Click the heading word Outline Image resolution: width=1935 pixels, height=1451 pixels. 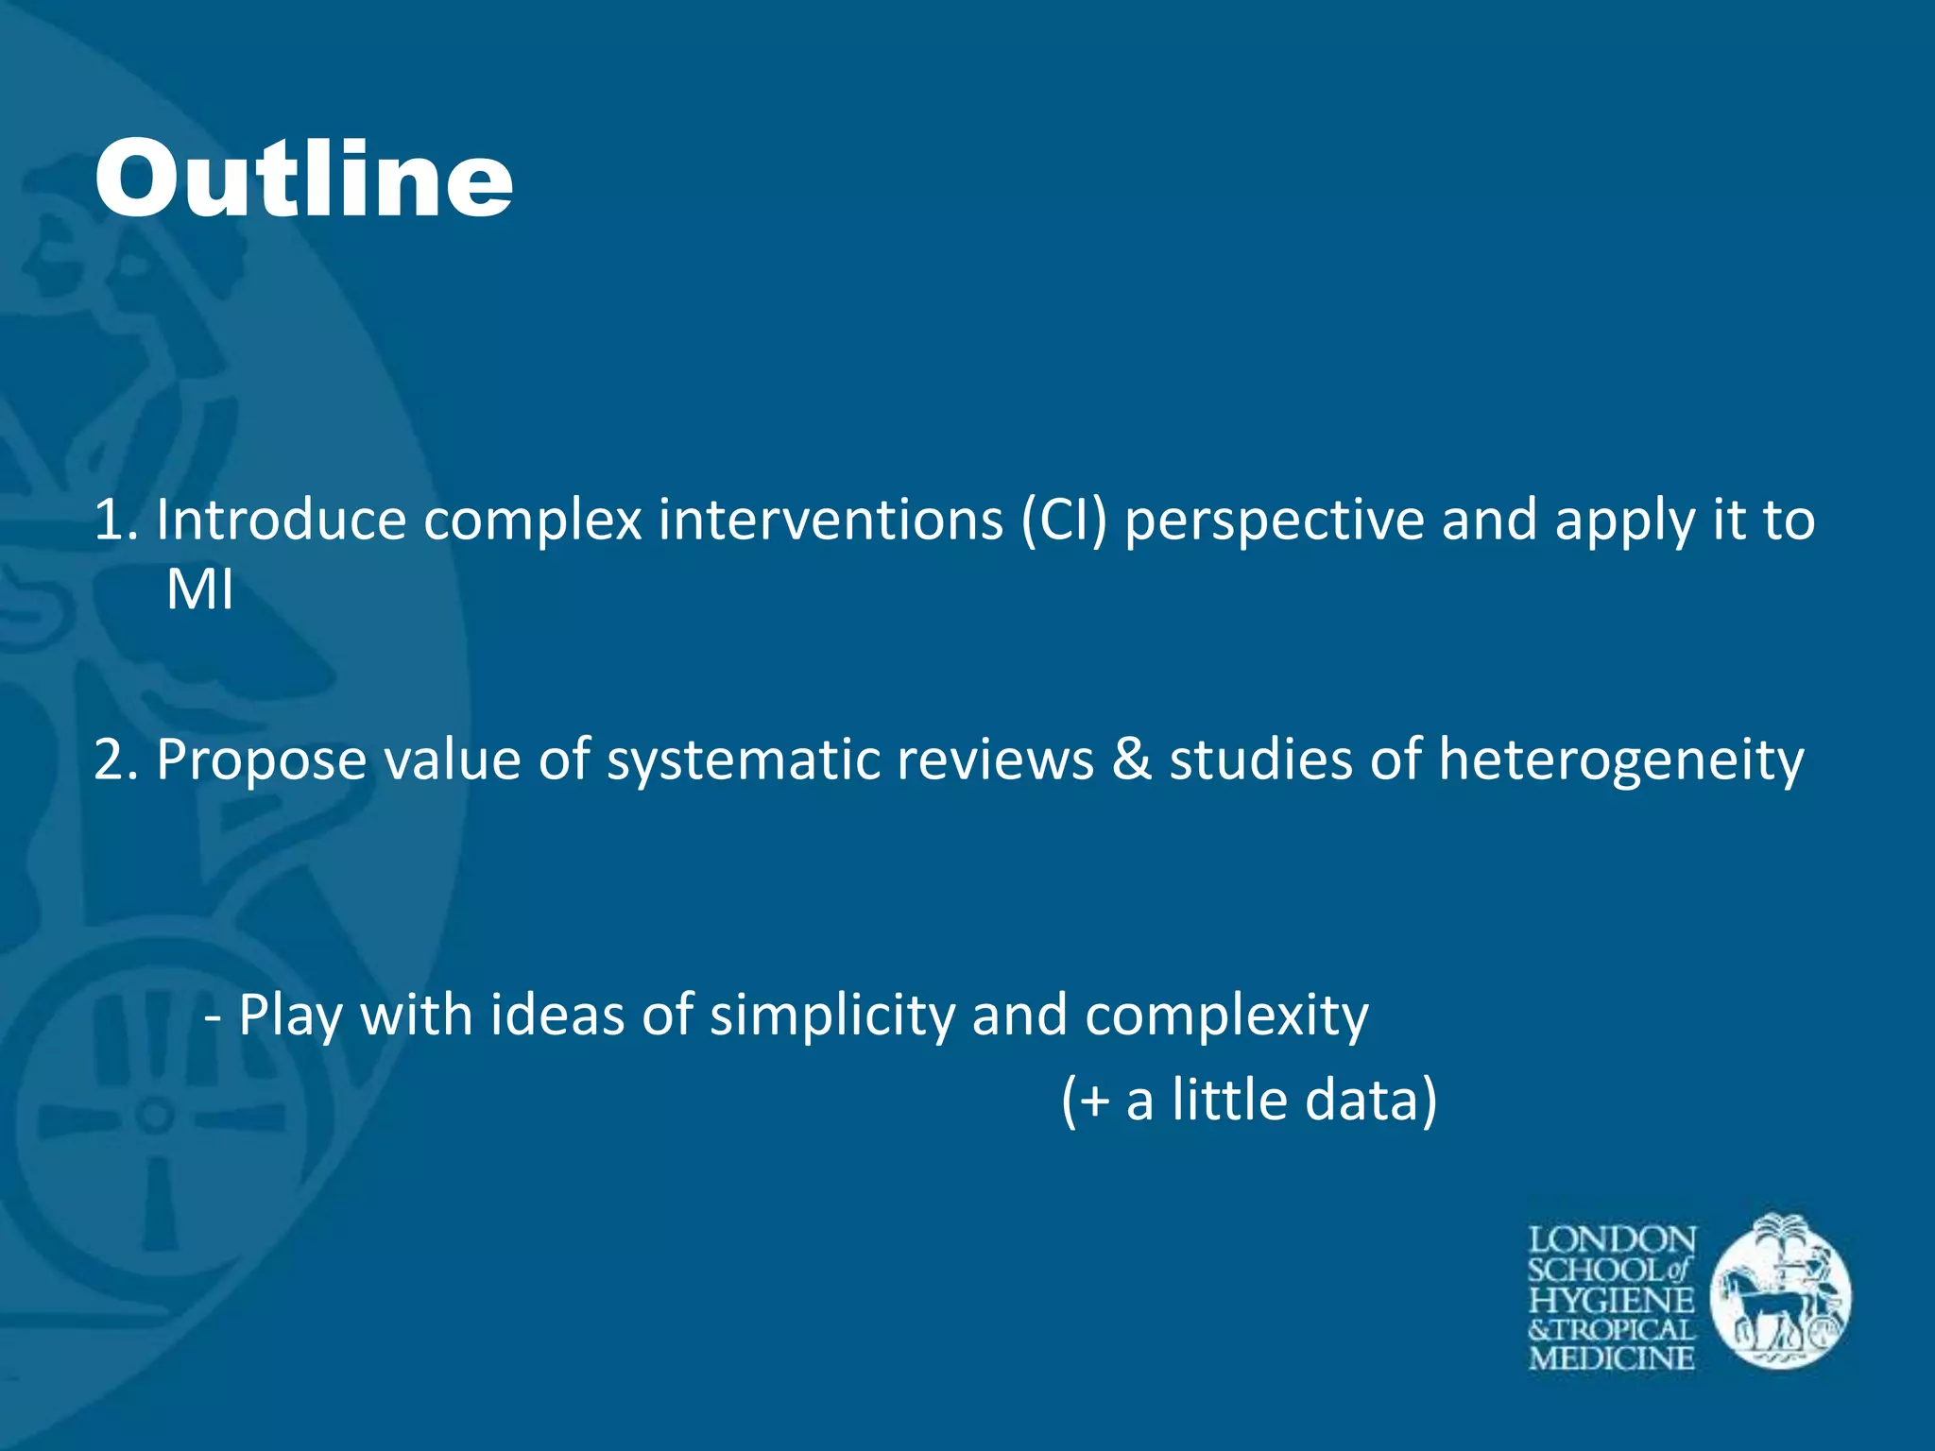[303, 179]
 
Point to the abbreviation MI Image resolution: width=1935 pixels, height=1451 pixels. [199, 590]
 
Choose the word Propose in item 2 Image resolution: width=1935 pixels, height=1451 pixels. [261, 760]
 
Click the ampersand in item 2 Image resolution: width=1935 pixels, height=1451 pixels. [1132, 759]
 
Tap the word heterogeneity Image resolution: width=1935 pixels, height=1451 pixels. [1620, 760]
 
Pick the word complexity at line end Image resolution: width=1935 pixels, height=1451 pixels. [1226, 1016]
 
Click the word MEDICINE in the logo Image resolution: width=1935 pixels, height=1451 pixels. [1612, 1358]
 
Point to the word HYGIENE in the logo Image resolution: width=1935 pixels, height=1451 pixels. [1612, 1300]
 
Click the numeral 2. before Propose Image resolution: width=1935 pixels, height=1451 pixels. [115, 760]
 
